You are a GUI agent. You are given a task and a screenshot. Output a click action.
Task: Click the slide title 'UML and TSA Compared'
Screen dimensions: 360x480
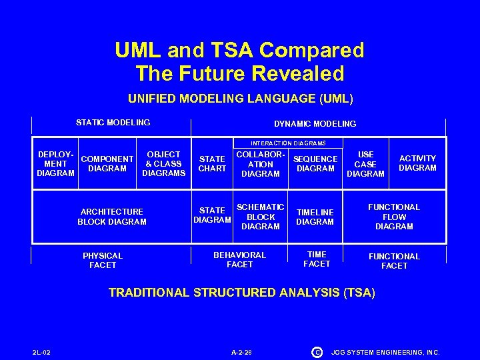[x=239, y=51]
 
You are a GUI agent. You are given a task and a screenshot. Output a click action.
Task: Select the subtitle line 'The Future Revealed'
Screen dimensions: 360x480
[x=239, y=73]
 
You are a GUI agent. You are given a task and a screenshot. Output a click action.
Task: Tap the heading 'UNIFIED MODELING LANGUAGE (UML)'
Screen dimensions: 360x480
[x=240, y=99]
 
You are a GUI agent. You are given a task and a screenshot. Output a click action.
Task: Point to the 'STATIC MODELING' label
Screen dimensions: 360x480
[x=113, y=123]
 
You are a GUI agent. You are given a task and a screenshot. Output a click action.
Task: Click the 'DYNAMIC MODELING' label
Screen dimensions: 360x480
[x=315, y=124]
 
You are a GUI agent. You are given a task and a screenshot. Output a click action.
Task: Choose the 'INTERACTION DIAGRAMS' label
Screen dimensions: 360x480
[x=288, y=143]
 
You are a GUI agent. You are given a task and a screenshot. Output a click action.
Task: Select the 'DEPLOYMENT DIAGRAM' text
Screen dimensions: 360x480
[x=56, y=164]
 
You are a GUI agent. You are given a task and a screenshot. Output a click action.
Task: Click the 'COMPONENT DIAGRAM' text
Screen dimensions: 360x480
[x=107, y=164]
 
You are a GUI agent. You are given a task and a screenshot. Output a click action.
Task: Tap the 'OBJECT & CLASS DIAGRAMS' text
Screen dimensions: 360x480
[x=163, y=164]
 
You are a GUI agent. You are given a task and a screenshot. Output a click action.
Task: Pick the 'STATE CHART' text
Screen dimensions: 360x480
[x=212, y=164]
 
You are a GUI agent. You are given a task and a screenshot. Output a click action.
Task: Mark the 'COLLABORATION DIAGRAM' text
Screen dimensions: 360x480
[x=261, y=164]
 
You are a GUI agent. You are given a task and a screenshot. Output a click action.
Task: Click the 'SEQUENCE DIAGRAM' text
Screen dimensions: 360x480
[x=315, y=164]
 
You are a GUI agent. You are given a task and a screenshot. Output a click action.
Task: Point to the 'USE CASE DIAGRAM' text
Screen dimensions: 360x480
[x=365, y=164]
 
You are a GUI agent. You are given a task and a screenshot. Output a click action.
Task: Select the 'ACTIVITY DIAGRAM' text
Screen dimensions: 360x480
[x=417, y=163]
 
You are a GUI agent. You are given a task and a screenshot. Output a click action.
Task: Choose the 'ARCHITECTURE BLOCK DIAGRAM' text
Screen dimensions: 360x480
[x=111, y=217]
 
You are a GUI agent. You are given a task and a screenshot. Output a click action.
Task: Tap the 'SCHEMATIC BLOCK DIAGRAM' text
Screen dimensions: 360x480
[x=261, y=217]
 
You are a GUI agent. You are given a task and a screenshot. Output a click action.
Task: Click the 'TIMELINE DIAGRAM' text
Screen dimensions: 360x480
[x=315, y=217]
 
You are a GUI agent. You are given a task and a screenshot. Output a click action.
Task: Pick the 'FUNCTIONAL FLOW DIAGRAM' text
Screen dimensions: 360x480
[x=394, y=217]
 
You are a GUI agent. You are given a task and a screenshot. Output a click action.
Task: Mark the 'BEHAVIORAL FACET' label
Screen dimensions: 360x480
[x=239, y=260]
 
